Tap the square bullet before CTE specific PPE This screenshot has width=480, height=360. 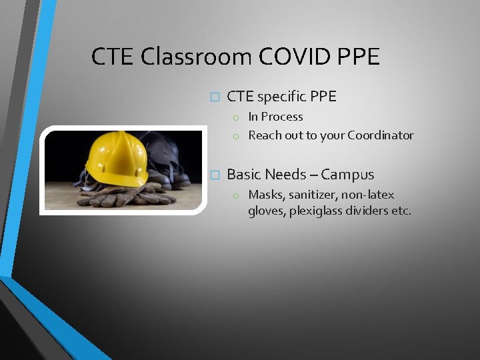[214, 97]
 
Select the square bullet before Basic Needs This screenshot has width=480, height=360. [214, 175]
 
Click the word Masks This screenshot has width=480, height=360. [265, 195]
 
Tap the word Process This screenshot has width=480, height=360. [282, 117]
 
